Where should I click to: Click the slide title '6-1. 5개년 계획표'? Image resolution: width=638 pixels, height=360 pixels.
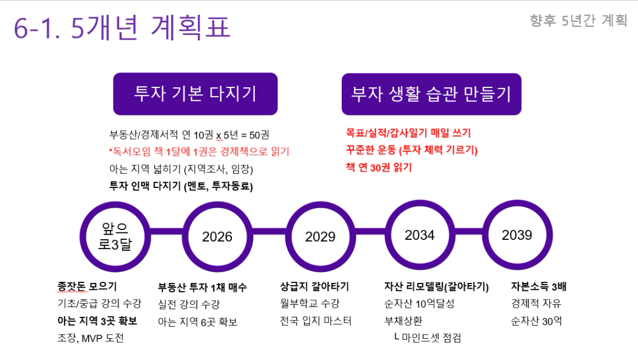point(122,28)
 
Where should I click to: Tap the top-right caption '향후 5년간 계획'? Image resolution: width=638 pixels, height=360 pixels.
point(578,20)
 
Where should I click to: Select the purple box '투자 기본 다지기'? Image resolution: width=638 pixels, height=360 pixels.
point(195,94)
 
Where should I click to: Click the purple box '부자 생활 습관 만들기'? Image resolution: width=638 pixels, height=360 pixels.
point(431,94)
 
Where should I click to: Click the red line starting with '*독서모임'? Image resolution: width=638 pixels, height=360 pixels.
point(199,152)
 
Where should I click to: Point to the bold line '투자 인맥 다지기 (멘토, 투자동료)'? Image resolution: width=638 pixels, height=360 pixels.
point(181,186)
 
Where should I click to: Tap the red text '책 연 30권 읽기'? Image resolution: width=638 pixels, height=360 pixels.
point(379,167)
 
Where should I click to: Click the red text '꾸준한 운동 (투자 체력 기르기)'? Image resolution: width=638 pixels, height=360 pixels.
point(411,150)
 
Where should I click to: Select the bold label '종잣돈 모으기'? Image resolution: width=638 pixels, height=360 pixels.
point(87,286)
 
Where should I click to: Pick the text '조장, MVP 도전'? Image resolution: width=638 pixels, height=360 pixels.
point(90,338)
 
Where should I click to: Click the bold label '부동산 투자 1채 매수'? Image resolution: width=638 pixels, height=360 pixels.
point(203,288)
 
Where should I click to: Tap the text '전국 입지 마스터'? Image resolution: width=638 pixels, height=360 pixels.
point(315,321)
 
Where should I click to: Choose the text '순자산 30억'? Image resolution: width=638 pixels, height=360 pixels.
point(536,321)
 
